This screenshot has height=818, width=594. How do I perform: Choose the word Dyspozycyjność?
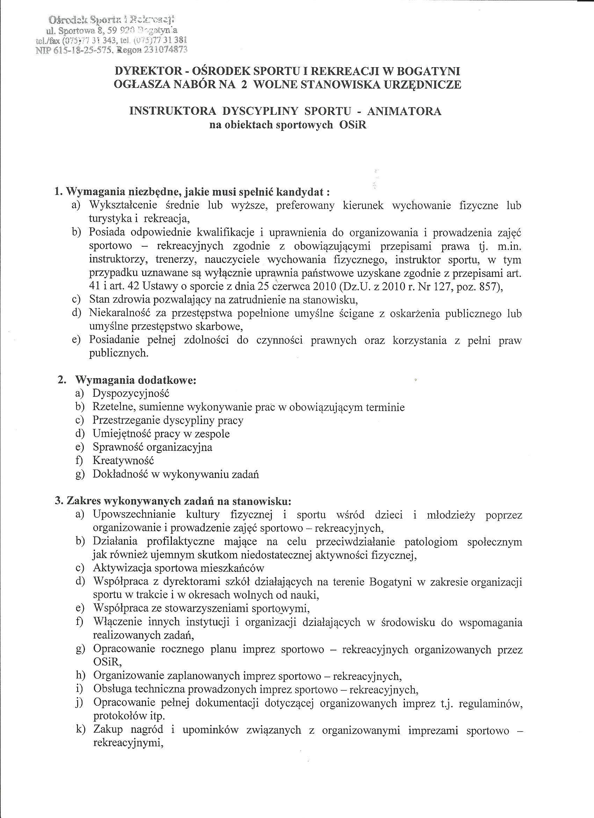click(131, 394)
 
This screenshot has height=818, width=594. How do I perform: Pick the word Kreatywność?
click(123, 460)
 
